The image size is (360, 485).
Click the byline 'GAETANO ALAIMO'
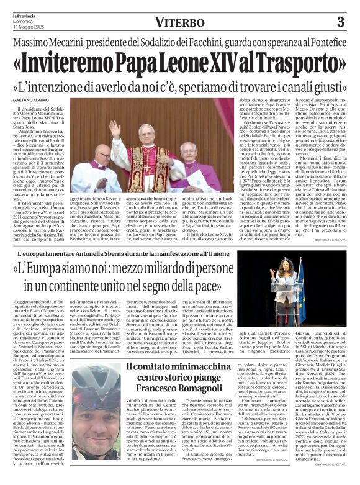coord(30,100)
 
